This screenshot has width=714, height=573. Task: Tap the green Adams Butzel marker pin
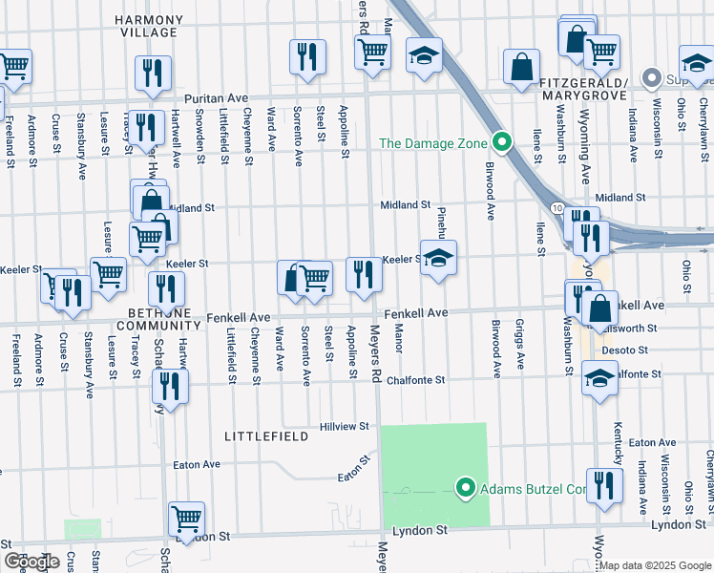tap(466, 488)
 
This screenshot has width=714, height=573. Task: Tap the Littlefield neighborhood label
tap(265, 436)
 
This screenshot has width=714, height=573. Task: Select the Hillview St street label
tap(344, 427)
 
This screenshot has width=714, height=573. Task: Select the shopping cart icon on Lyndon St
tap(187, 519)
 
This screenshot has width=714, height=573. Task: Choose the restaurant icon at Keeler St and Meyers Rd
tap(364, 274)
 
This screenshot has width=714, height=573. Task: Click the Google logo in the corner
tap(31, 562)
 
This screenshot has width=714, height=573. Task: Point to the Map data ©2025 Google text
tap(654, 564)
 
